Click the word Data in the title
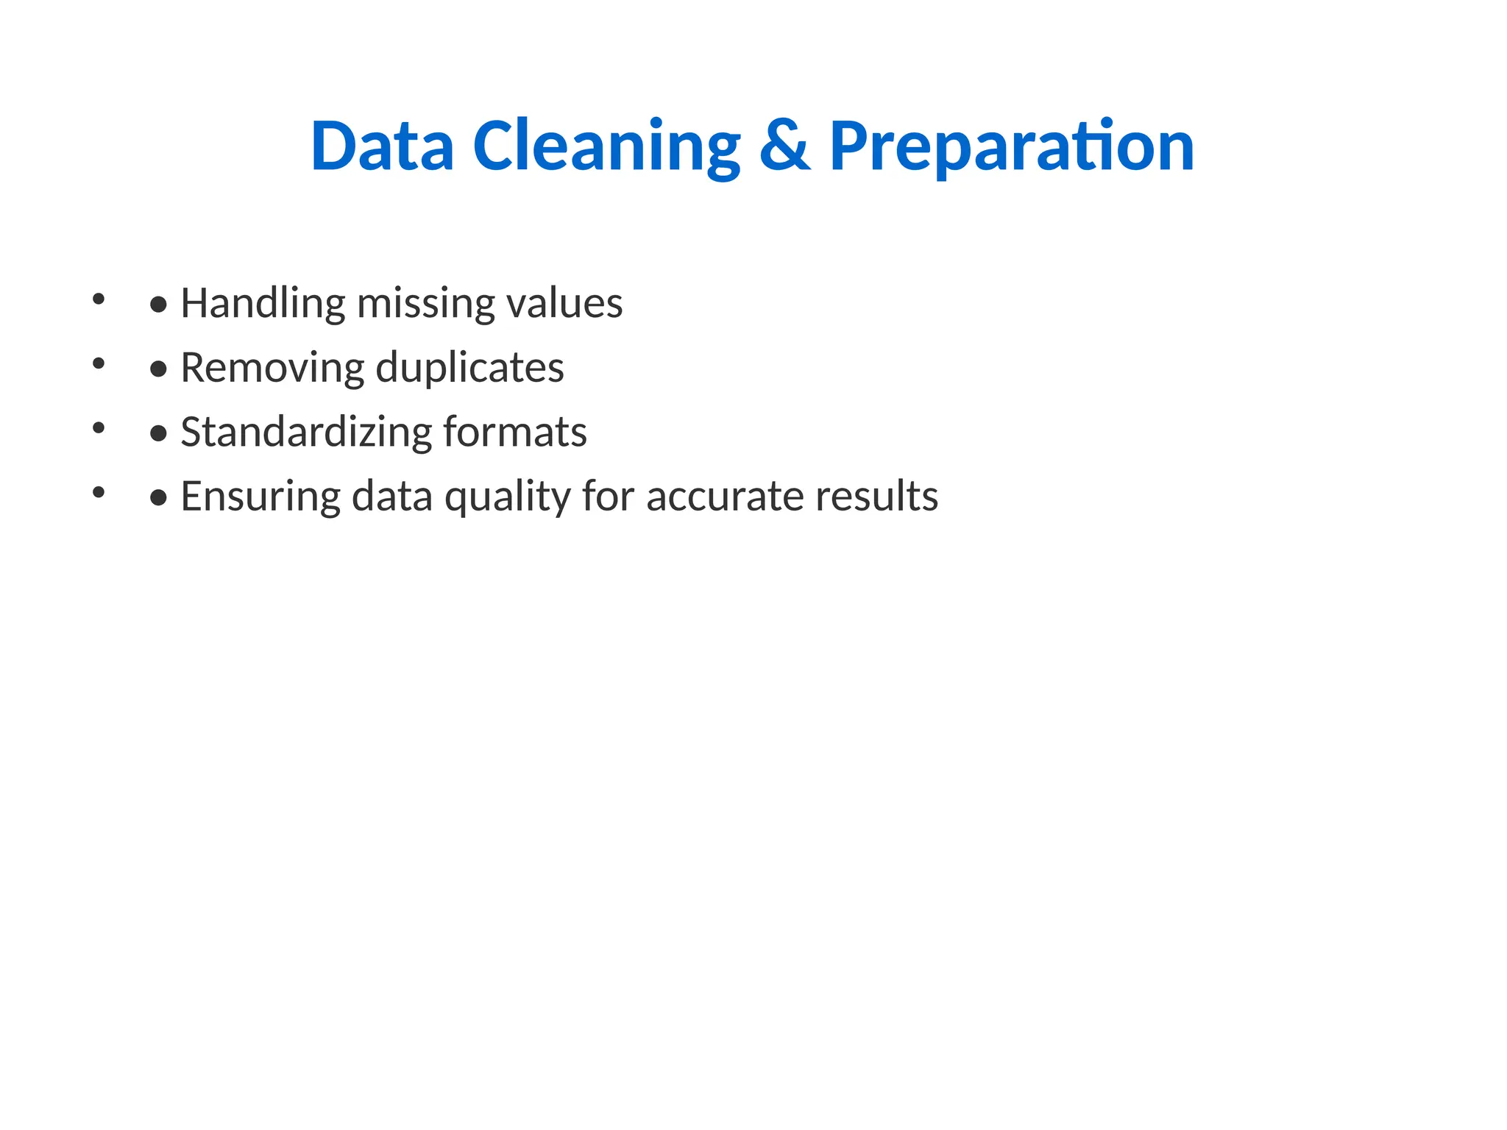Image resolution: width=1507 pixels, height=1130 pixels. pyautogui.click(x=382, y=146)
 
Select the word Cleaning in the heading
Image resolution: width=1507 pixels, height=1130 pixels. pyautogui.click(x=606, y=146)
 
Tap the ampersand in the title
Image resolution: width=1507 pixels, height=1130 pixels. pyautogui.click(x=784, y=146)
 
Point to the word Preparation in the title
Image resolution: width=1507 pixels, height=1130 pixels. pyautogui.click(x=1012, y=146)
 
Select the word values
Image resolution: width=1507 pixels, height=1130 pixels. pyautogui.click(x=565, y=303)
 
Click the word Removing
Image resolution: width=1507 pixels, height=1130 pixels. pyautogui.click(x=272, y=368)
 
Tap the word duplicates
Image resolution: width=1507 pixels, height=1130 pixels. pyautogui.click(x=469, y=368)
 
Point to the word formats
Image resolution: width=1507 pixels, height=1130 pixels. pyautogui.click(x=515, y=432)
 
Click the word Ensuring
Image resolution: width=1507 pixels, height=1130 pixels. pyautogui.click(x=260, y=497)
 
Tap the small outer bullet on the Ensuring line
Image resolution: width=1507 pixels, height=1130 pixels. pyautogui.click(x=99, y=491)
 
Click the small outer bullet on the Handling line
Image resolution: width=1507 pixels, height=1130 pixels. pyautogui.click(x=99, y=299)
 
